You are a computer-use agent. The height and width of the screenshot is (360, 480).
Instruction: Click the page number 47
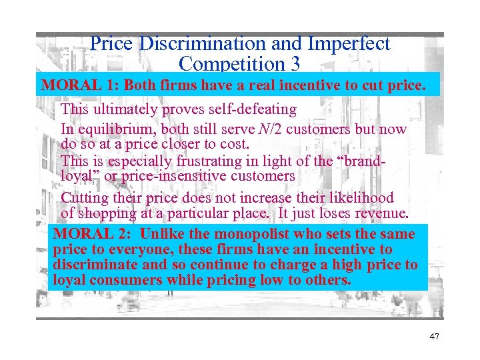pyautogui.click(x=434, y=337)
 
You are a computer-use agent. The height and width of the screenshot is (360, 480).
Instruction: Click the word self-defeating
pyautogui.click(x=249, y=109)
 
